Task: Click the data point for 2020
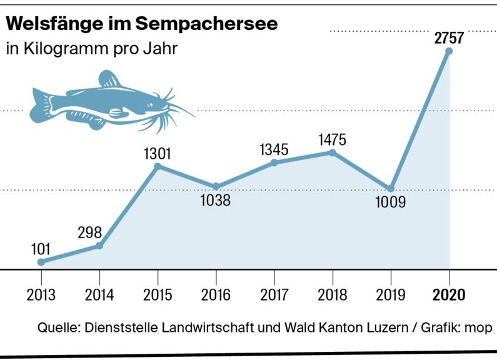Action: click(449, 51)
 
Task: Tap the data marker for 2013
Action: click(41, 262)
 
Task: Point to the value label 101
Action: click(41, 248)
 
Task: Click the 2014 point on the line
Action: click(99, 246)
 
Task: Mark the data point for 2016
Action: click(216, 186)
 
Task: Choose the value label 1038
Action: click(216, 201)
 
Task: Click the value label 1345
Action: click(274, 149)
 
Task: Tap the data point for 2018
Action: click(333, 152)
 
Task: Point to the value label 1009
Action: click(391, 202)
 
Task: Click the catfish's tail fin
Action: click(41, 102)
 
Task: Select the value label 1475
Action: click(331, 139)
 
